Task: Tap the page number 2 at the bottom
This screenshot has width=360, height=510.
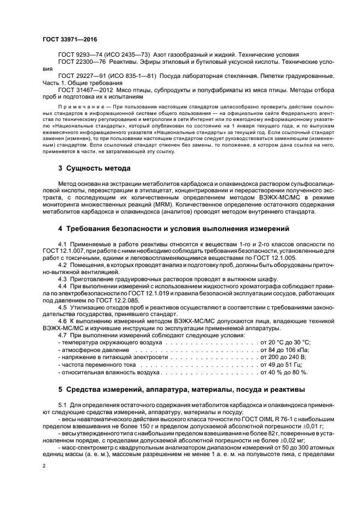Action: pos(45,466)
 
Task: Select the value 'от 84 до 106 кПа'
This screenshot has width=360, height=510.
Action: pos(285,350)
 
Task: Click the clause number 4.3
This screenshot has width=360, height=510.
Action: pos(62,278)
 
